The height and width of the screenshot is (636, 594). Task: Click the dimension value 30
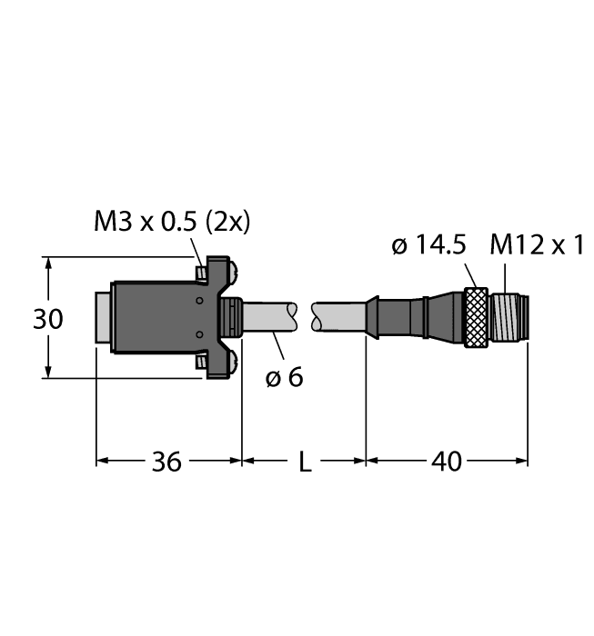[48, 320]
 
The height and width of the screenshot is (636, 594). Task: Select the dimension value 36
[166, 462]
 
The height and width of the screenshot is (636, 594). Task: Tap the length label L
[305, 463]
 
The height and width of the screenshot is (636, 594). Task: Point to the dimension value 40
[446, 462]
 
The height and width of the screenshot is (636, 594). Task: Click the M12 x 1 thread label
[536, 245]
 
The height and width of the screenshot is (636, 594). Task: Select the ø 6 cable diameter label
[285, 375]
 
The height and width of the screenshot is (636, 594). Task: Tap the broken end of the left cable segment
[291, 317]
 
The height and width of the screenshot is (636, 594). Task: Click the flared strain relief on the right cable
[372, 318]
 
